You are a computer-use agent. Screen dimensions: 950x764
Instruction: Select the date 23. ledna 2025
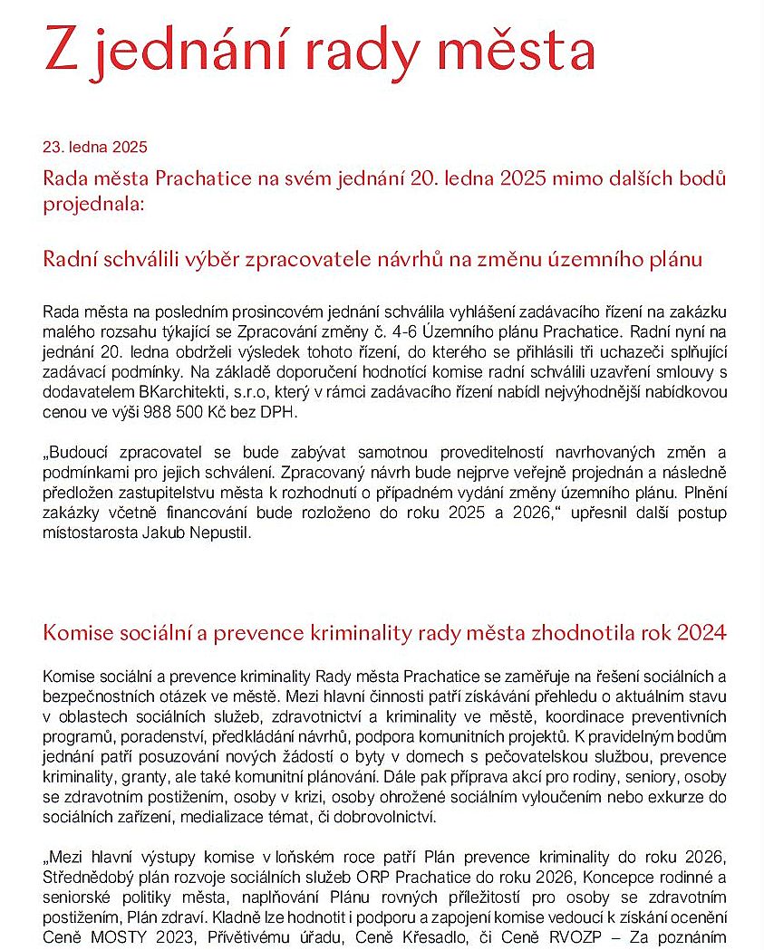tap(95, 147)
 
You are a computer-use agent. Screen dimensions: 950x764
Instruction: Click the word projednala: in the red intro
tap(93, 204)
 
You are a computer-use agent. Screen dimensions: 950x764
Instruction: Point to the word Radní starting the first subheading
tap(71, 259)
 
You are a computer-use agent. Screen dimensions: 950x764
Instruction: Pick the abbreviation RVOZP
tap(569, 936)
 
